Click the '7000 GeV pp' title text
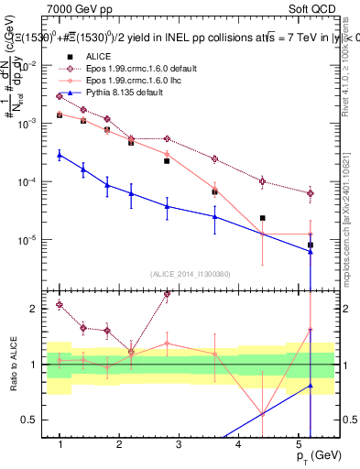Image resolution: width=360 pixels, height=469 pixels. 80,7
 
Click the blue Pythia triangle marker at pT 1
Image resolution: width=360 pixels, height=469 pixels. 60,155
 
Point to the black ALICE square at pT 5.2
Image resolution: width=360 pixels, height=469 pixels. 311,245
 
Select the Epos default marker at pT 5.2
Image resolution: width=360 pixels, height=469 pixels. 311,193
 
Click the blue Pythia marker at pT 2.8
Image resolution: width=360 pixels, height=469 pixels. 167,206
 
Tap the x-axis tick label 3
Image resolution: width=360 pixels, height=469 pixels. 179,444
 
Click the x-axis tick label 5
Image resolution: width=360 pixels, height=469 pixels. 298,444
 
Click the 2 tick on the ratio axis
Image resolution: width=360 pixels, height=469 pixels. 38,309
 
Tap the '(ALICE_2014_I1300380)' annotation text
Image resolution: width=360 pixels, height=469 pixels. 191,273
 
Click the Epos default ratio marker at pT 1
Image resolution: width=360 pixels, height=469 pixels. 60,304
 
